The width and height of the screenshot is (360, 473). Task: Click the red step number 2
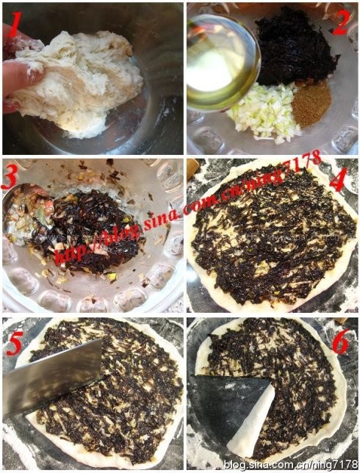[341, 23]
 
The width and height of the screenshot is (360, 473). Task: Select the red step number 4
[339, 180]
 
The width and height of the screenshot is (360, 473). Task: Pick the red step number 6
[341, 341]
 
